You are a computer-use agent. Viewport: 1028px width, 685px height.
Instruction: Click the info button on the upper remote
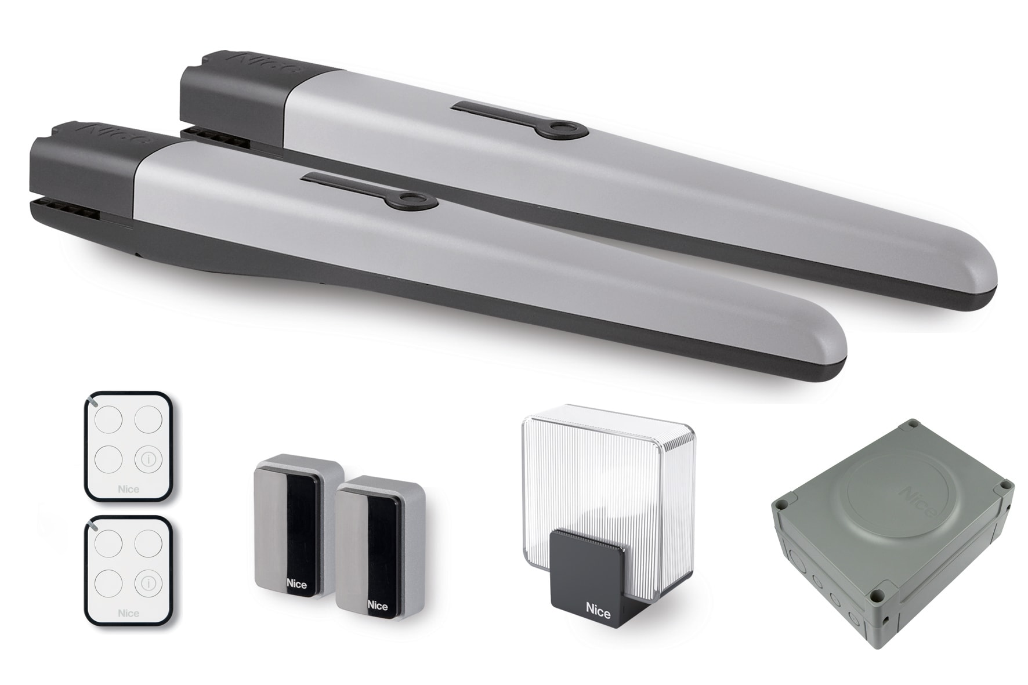tap(149, 459)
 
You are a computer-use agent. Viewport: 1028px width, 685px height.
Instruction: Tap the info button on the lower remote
tap(149, 583)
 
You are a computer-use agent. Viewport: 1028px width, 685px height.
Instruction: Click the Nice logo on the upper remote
tap(128, 489)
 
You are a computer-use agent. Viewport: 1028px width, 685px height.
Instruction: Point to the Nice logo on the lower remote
tap(128, 613)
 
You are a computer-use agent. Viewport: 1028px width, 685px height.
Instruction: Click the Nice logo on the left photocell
tap(296, 584)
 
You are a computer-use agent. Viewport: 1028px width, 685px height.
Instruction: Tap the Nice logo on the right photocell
tap(377, 606)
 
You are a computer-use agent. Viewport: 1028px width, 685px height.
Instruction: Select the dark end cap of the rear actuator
tap(232, 99)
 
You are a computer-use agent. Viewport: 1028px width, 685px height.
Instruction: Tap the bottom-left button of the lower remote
tap(108, 583)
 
